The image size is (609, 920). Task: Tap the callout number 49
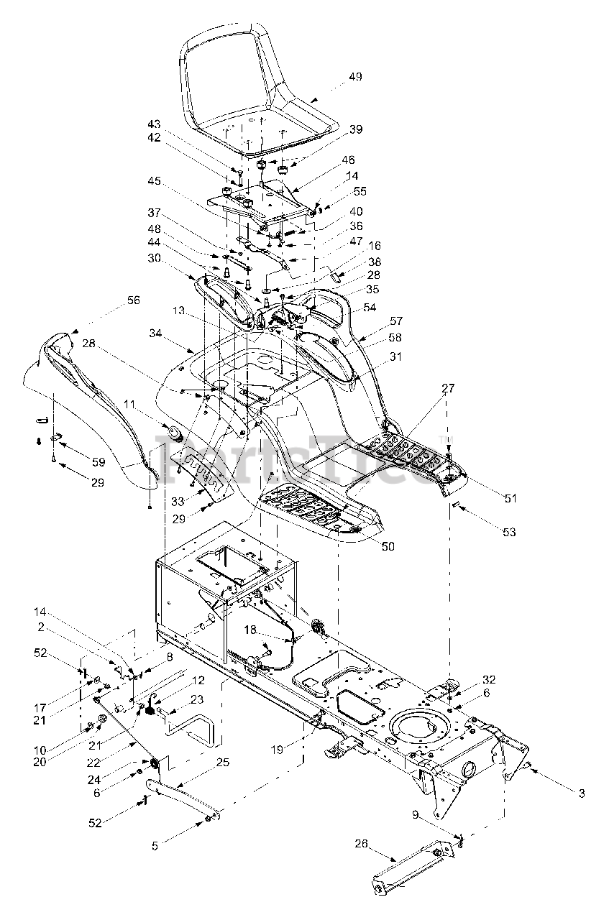pos(355,78)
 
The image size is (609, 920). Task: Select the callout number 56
pos(134,300)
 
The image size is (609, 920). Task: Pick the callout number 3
pos(582,793)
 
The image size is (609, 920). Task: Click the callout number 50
pos(388,547)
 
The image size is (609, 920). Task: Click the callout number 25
pos(222,762)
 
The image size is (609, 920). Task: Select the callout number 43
pos(155,124)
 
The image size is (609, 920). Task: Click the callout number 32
pos(489,679)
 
